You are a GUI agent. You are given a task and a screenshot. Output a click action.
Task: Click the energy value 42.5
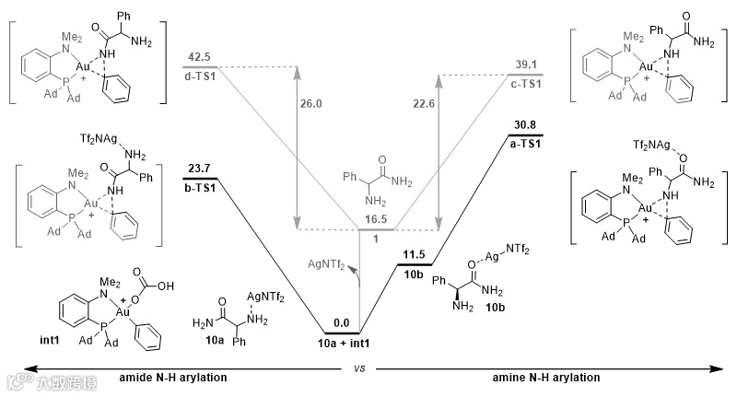(x=199, y=58)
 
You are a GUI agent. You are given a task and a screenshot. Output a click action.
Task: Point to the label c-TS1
(x=526, y=83)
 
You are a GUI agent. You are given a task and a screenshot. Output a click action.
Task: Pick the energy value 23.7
(x=200, y=169)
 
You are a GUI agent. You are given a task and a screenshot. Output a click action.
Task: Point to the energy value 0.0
(x=341, y=323)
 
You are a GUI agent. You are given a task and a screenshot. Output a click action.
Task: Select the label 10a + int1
(x=342, y=343)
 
